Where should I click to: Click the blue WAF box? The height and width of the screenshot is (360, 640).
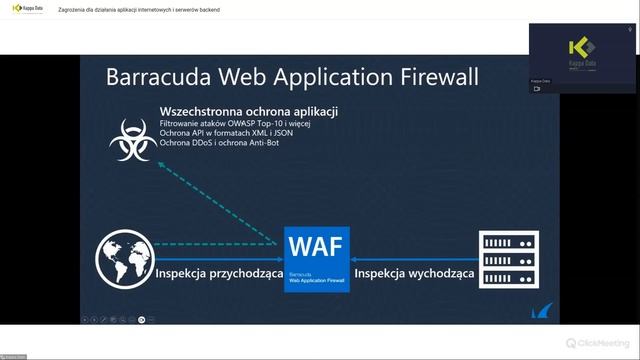316,259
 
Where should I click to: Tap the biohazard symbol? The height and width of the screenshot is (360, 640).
133,139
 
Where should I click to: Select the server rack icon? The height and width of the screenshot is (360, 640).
507,257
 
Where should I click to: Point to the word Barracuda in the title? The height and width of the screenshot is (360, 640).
157,77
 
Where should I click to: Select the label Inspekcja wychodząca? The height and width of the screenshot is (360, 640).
414,273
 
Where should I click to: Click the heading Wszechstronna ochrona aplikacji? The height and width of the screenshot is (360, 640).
248,110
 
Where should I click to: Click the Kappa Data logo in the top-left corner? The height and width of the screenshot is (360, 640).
27,9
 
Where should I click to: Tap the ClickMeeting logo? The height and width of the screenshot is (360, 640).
598,342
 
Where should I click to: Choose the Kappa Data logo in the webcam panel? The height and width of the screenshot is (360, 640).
582,52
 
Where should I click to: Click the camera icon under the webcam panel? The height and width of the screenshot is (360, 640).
536,88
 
